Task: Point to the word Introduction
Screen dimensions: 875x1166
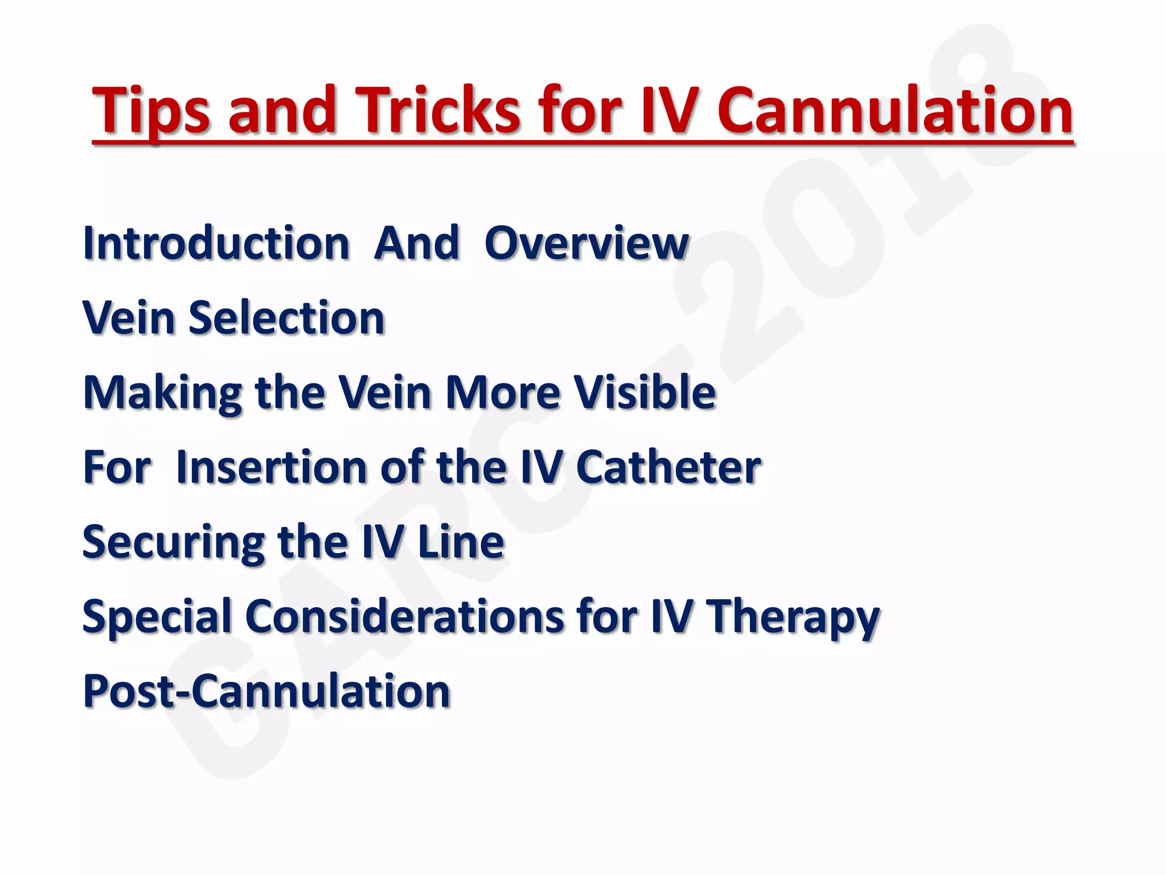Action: tap(216, 243)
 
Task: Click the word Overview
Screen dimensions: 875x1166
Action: tap(586, 243)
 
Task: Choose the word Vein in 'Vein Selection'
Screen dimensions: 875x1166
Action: tap(129, 318)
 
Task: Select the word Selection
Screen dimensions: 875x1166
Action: tap(287, 318)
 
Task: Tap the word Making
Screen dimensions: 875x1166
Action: tap(163, 393)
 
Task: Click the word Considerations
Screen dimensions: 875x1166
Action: tap(404, 616)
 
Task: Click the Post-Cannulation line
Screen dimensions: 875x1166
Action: tap(266, 691)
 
